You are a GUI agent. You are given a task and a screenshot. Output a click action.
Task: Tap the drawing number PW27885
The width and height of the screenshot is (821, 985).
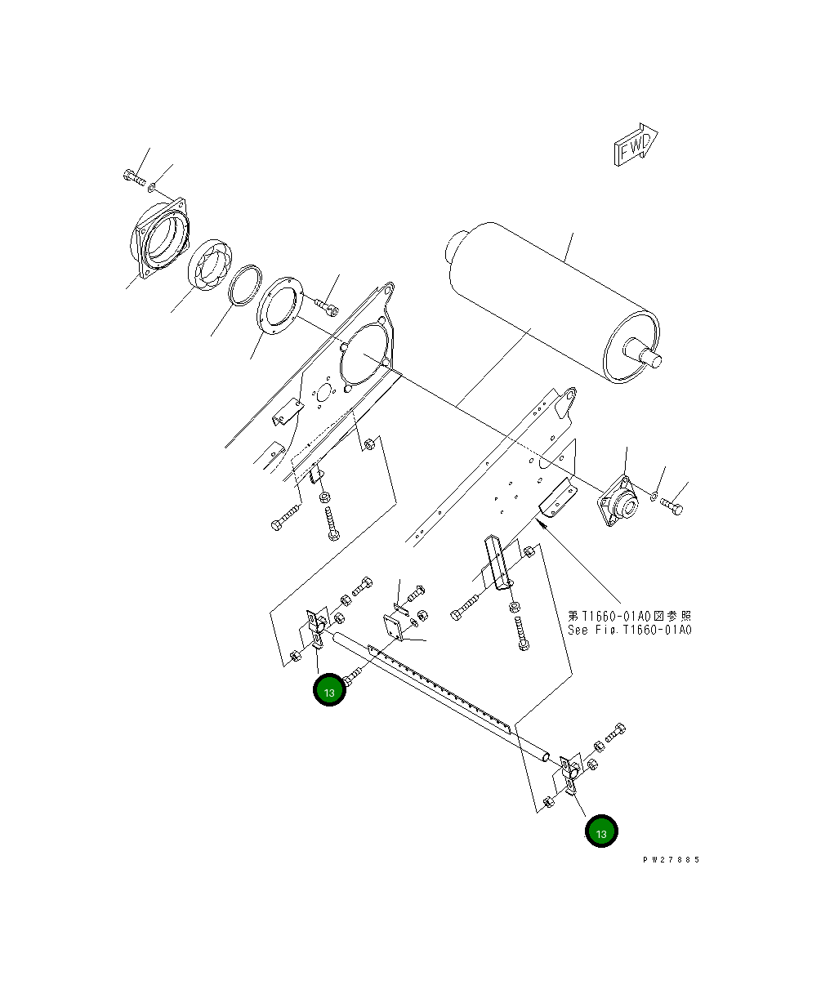pyautogui.click(x=671, y=859)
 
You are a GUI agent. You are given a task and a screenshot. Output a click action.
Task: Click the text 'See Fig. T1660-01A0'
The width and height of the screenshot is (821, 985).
pyautogui.click(x=629, y=631)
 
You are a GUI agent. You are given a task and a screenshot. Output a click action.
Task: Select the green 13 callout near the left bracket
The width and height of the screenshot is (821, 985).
pyautogui.click(x=329, y=691)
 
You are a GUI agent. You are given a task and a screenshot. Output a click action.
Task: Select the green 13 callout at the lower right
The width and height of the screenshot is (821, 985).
pyautogui.click(x=600, y=832)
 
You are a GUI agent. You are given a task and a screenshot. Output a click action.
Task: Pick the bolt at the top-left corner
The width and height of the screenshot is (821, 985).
pyautogui.click(x=134, y=176)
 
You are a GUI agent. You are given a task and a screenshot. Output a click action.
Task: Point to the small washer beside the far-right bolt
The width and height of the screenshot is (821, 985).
pyautogui.click(x=655, y=496)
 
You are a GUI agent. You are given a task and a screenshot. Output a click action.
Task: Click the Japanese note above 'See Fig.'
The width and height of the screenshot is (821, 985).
pyautogui.click(x=629, y=615)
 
